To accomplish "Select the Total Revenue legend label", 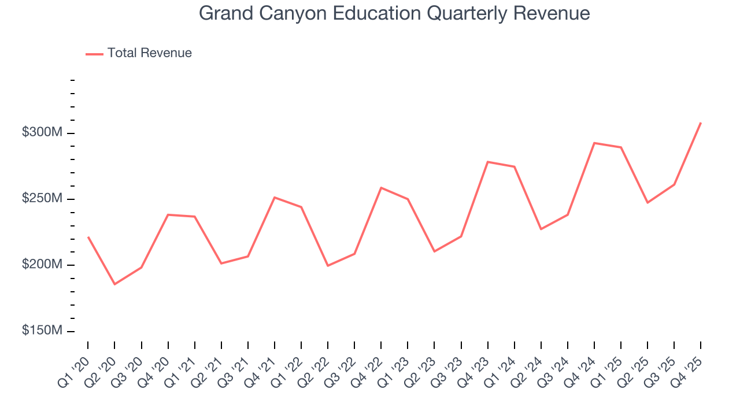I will (x=149, y=53).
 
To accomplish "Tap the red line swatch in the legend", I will (x=94, y=54).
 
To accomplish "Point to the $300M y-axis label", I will (x=42, y=133).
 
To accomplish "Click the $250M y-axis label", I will (x=42, y=199).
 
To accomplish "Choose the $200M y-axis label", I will (x=42, y=265).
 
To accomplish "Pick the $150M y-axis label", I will (x=42, y=330).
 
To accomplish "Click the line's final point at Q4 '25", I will (x=701, y=123).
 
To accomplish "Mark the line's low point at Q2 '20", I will (x=114, y=284).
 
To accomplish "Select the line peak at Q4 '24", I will (x=594, y=143).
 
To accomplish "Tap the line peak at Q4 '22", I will (x=381, y=188).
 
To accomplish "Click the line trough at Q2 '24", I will (x=541, y=229).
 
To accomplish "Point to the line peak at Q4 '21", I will (x=275, y=198).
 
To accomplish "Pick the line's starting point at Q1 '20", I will (x=88, y=237).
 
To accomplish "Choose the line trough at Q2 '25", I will (x=647, y=202).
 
